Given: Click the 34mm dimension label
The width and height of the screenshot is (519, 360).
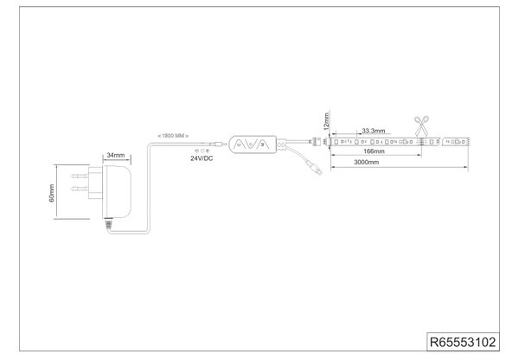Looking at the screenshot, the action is (116, 155).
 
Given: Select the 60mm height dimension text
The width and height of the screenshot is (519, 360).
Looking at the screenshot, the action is (52, 193).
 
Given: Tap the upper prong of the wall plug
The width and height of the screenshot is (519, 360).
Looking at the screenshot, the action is (80, 176).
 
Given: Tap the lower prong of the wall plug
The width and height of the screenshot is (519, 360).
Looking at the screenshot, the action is (80, 189).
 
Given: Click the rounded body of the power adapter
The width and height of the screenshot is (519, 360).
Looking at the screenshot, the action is (117, 191).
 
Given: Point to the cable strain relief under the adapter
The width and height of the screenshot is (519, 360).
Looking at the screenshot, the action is (108, 224).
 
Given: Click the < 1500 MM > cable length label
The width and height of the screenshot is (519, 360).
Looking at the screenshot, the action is (173, 136).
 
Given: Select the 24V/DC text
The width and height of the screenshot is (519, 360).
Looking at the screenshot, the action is (202, 158).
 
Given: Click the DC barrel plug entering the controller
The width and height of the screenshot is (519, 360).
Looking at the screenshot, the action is (218, 144).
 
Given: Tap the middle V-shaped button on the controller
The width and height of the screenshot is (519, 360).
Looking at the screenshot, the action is (251, 144).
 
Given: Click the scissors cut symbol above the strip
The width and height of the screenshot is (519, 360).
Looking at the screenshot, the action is (421, 125).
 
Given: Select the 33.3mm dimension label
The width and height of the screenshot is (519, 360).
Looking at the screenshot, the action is (374, 131).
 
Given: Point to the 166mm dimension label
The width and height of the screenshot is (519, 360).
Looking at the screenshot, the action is (374, 151).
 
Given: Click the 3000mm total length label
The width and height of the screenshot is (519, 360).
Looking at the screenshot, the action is (367, 163).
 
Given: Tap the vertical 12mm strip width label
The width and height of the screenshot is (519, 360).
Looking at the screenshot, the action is (327, 121).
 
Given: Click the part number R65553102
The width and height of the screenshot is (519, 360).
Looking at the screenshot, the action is (463, 342).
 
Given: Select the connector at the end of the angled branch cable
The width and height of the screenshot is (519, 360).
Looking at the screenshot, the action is (314, 168).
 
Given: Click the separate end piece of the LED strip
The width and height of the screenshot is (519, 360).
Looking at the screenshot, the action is (456, 141).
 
